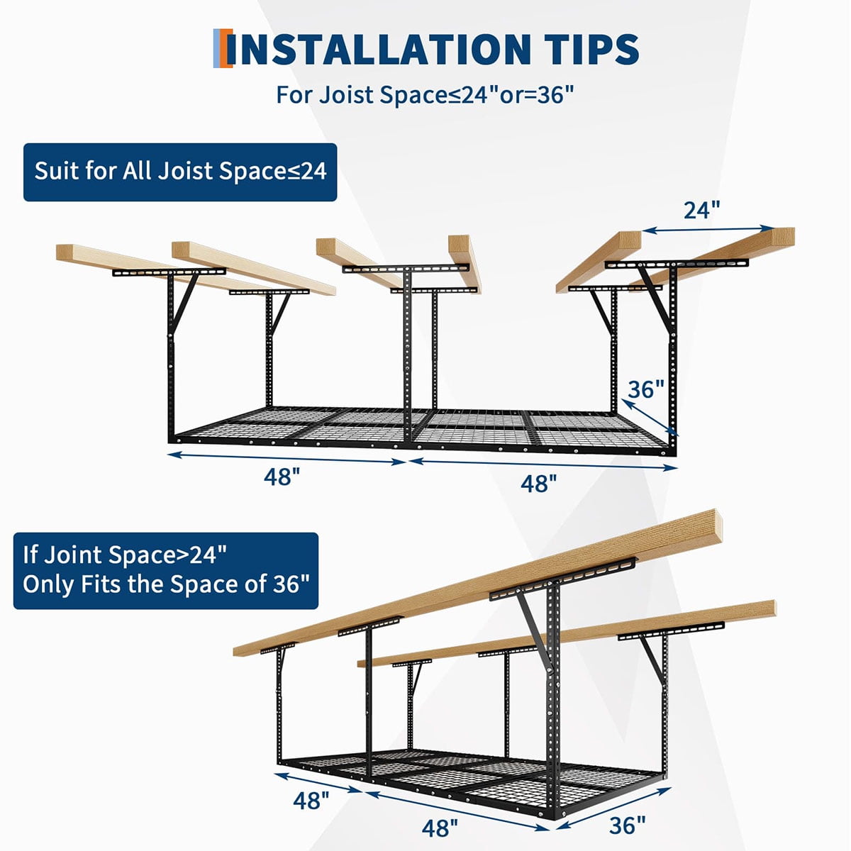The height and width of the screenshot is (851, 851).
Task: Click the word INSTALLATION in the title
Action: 383,50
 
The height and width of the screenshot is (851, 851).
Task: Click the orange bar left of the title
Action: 228,49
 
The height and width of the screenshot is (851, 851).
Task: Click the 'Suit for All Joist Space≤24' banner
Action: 180,172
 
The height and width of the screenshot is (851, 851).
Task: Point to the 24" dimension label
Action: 702,210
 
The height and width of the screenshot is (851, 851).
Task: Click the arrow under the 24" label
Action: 708,229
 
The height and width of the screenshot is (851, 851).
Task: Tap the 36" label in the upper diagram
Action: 646,389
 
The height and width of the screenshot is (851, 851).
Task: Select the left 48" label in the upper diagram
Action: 282,477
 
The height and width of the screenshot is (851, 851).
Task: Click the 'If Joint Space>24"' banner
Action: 166,571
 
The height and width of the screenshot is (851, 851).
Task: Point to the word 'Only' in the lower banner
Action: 48,584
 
